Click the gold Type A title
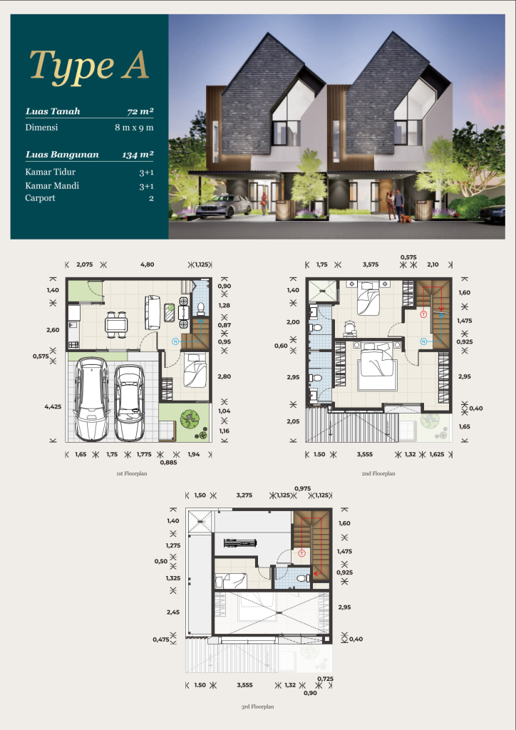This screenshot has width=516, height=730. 89,66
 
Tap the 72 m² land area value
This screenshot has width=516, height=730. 140,111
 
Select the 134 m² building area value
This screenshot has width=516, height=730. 138,155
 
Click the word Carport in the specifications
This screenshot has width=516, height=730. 40,198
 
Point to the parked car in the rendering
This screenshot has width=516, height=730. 224,206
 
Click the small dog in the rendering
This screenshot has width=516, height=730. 407,218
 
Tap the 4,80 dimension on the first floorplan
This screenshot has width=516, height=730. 147,264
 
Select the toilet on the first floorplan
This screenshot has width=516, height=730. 201,308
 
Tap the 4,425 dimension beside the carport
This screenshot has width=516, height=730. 53,406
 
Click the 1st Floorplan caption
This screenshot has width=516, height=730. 132,473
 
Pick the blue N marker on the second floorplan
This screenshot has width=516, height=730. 423,341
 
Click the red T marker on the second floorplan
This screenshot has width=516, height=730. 423,314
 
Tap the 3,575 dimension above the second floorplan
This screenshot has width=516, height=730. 371,264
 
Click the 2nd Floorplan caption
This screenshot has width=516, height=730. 378,473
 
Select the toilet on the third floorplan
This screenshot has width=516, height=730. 304,577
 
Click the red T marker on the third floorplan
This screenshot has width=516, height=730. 301,553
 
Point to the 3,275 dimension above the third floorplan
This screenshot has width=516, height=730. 244,495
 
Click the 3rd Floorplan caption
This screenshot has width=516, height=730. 257,706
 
